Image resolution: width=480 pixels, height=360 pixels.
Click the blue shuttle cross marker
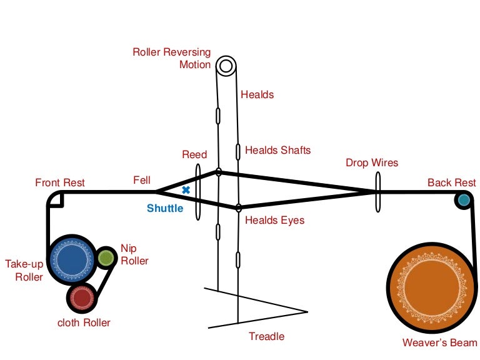pos(186,189)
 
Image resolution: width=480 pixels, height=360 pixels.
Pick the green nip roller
pos(106,257)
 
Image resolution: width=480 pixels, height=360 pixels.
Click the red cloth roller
pos(81,297)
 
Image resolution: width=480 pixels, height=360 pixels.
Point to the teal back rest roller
pos(463,200)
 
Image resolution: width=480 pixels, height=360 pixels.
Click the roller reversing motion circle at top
pos(226,66)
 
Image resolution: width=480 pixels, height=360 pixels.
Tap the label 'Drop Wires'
pos(372,163)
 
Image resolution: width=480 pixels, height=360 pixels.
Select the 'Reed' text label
pos(194,154)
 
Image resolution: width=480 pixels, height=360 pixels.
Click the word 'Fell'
pos(142,180)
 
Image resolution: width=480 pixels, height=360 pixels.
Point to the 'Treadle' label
pos(266,336)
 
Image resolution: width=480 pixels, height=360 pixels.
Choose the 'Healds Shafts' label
pos(277,150)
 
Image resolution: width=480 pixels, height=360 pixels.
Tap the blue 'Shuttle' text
pos(165,208)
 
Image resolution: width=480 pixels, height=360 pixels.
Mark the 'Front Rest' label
pos(60,182)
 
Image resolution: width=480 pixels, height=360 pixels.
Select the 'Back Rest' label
pos(451,182)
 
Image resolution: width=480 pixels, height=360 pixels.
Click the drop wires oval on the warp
pos(377,192)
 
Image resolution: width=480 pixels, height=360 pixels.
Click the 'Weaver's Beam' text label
pos(439,342)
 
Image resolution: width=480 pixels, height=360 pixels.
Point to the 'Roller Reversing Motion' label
pos(172,58)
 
